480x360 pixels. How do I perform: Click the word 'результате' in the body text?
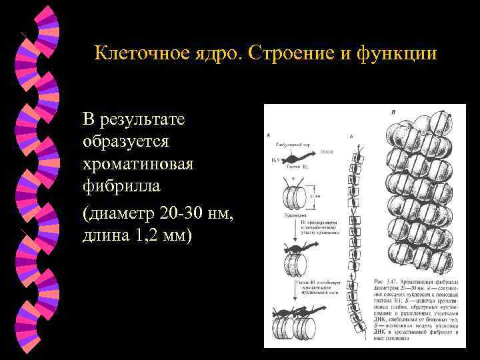(141, 120)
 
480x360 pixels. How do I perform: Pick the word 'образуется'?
(127, 143)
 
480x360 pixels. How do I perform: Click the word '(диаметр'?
(119, 213)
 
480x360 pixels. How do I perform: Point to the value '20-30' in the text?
(180, 213)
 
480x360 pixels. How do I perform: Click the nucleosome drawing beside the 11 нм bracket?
(295, 197)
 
